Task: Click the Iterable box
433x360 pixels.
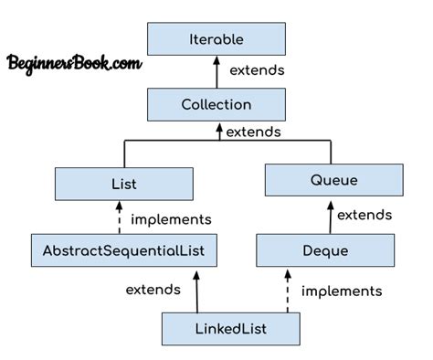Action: point(216,40)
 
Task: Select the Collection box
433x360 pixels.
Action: point(216,104)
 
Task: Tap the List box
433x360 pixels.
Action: point(123,184)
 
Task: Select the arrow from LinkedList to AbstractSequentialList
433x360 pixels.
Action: point(196,289)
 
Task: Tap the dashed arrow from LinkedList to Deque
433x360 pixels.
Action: point(287,289)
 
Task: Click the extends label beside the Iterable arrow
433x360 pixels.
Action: point(258,69)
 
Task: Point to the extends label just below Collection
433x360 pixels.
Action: point(253,131)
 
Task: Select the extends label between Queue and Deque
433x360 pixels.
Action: point(366,215)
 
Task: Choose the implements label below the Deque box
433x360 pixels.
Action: point(341,291)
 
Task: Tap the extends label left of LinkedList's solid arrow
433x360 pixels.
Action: point(153,290)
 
